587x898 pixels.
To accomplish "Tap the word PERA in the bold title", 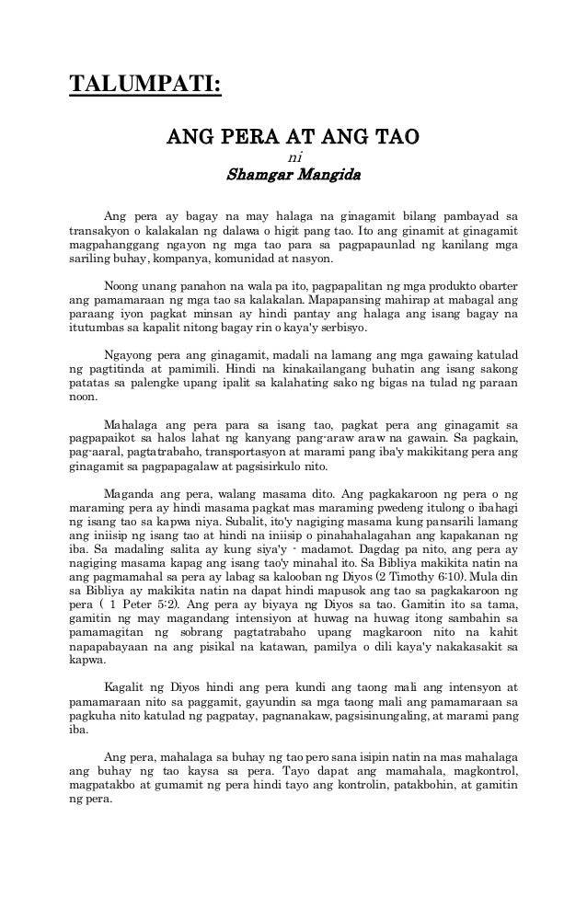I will [x=237, y=138].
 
